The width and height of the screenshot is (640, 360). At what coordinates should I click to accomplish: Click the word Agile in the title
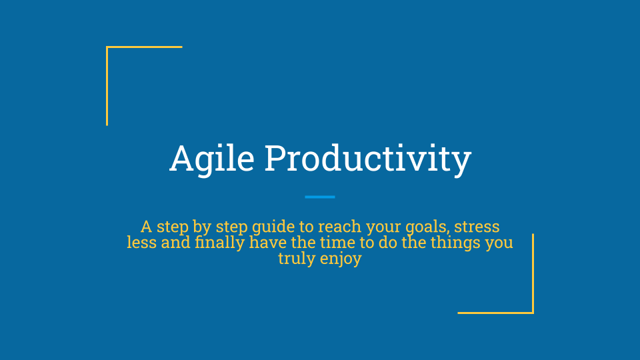coord(212,159)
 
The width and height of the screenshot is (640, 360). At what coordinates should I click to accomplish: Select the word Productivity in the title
coord(368,159)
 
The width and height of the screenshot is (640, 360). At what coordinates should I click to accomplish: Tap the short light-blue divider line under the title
coord(320,197)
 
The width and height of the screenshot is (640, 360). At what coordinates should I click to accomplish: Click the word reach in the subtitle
coord(339,226)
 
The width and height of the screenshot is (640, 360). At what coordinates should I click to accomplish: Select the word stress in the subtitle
coord(477,227)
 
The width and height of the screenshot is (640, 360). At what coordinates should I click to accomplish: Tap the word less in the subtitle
coord(141,243)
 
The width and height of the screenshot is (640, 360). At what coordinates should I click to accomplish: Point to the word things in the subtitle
coord(455,243)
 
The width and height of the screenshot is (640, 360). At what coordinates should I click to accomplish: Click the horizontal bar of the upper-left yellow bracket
coord(144,47)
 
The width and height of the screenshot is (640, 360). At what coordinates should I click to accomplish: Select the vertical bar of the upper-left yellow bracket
coord(107,86)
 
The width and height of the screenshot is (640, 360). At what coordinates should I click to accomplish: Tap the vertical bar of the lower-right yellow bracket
coord(533,273)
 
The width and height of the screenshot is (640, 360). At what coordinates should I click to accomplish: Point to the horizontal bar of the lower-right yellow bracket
coord(496,313)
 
